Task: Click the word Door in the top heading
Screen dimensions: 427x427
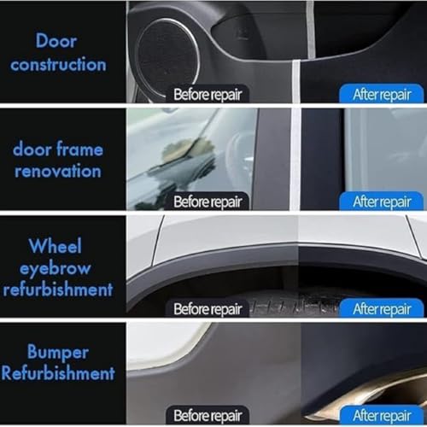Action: point(56,41)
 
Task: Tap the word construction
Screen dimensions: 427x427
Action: point(58,64)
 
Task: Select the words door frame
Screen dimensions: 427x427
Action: point(58,149)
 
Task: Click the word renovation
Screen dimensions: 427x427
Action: point(58,172)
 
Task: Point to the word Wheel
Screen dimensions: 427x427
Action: point(56,246)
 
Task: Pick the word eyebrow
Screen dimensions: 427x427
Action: point(56,268)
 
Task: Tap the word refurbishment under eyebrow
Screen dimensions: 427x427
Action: point(58,290)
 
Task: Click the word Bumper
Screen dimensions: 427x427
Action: point(58,353)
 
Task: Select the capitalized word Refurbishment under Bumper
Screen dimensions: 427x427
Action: point(58,373)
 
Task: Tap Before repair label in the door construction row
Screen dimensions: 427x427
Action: point(208,94)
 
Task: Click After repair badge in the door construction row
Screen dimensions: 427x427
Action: point(382,94)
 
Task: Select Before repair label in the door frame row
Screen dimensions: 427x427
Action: point(208,202)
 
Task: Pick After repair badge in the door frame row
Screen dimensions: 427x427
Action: point(382,202)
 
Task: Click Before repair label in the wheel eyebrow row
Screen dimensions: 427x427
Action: point(208,308)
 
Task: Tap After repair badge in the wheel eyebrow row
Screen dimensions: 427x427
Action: point(382,308)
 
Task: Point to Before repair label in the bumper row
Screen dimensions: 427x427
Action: point(208,415)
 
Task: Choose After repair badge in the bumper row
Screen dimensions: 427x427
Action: point(382,415)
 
